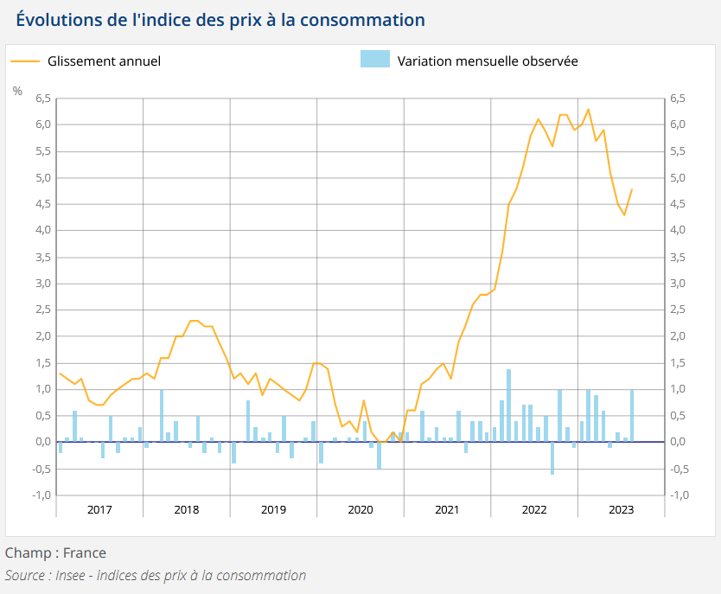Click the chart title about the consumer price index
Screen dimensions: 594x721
[220, 19]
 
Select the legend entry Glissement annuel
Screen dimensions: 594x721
[104, 61]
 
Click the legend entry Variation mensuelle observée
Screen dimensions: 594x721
[488, 61]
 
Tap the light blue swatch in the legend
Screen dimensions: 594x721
[374, 59]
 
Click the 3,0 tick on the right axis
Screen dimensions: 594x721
[679, 284]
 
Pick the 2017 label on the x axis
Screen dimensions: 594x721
[99, 509]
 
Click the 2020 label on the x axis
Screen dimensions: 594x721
[360, 509]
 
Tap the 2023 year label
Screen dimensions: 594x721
[621, 509]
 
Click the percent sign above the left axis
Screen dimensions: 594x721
[17, 90]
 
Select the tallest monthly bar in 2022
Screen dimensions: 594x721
[508, 405]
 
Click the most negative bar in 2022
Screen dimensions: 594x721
[552, 457]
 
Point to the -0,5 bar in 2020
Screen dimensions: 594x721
[379, 455]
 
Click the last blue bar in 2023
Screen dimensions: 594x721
[632, 416]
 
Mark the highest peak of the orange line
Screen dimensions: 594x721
[589, 109]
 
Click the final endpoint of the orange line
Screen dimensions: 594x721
[632, 188]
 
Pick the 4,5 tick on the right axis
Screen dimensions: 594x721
[679, 204]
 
